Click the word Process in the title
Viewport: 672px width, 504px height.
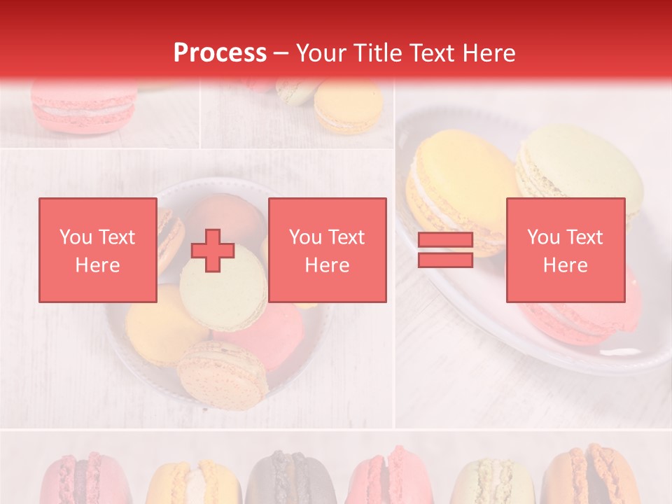click(x=220, y=53)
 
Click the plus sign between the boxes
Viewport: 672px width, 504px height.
click(x=213, y=251)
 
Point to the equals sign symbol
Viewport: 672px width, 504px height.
click(x=445, y=251)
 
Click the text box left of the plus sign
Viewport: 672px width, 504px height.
click(x=98, y=251)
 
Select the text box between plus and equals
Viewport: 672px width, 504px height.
click(x=328, y=251)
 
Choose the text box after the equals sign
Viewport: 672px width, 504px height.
click(x=566, y=251)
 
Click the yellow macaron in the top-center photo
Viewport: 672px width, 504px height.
click(x=349, y=106)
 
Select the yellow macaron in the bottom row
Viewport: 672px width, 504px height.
click(x=185, y=483)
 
